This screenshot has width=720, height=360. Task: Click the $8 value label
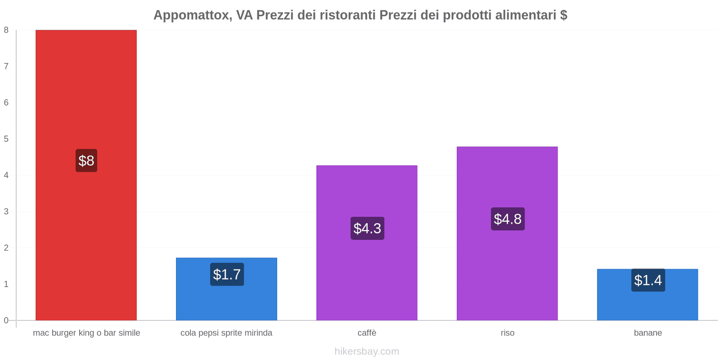coord(86,161)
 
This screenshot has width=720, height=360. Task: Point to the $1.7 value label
coord(227,274)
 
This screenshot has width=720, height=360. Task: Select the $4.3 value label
coord(367,229)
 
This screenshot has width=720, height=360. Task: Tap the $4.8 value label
coord(508,219)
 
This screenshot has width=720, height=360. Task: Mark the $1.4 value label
coord(648,280)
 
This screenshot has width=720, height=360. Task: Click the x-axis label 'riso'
coord(508,333)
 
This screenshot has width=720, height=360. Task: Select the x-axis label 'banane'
coord(648,333)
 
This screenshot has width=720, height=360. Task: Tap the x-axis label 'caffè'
coord(367,333)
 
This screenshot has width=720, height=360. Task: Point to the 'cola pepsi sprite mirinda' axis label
coord(226,333)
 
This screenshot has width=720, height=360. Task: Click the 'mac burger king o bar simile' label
coord(86,333)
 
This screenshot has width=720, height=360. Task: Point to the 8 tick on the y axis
coord(6,30)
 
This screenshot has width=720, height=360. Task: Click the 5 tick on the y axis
coord(6,139)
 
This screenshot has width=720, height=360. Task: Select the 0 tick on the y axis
coord(6,320)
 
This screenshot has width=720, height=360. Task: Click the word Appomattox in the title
coord(192,15)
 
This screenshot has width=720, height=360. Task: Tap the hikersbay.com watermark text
coord(367,351)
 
